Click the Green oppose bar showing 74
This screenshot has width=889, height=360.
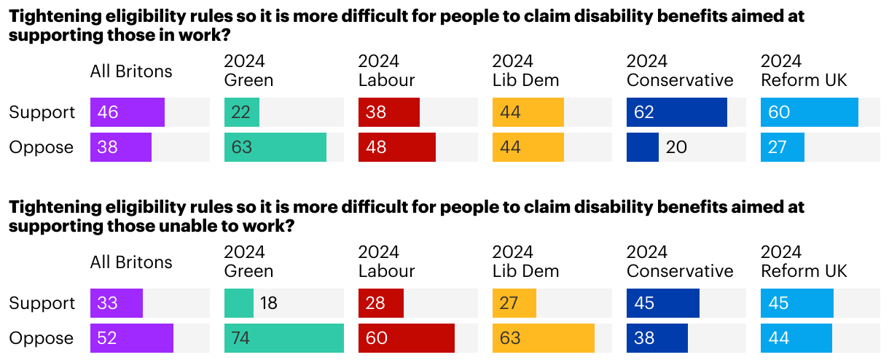coord(283,338)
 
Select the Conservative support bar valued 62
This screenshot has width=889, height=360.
coord(676,112)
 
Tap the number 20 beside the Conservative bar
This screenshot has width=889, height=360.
coord(676,147)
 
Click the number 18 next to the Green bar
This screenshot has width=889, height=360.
coord(269,303)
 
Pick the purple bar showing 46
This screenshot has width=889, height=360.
coord(127,112)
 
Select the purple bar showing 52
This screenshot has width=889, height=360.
coord(131,338)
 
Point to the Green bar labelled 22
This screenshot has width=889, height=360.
coord(241,112)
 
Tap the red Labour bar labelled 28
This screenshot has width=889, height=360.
coord(380,303)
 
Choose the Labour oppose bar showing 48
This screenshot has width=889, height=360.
coord(396,147)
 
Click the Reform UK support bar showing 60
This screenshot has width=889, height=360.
coord(809,112)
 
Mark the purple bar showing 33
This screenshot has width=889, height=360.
coord(116,303)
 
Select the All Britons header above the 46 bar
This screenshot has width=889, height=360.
coord(131,71)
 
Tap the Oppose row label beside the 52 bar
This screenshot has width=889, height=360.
coord(41,338)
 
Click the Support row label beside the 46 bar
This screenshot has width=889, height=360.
coord(42,112)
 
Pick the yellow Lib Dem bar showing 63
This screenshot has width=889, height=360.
coord(543,338)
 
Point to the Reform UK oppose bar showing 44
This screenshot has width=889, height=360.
coord(796,338)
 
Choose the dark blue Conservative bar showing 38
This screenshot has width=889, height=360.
coord(657,338)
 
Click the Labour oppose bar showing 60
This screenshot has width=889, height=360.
coord(406,338)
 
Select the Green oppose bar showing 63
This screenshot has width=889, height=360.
coord(275,147)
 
